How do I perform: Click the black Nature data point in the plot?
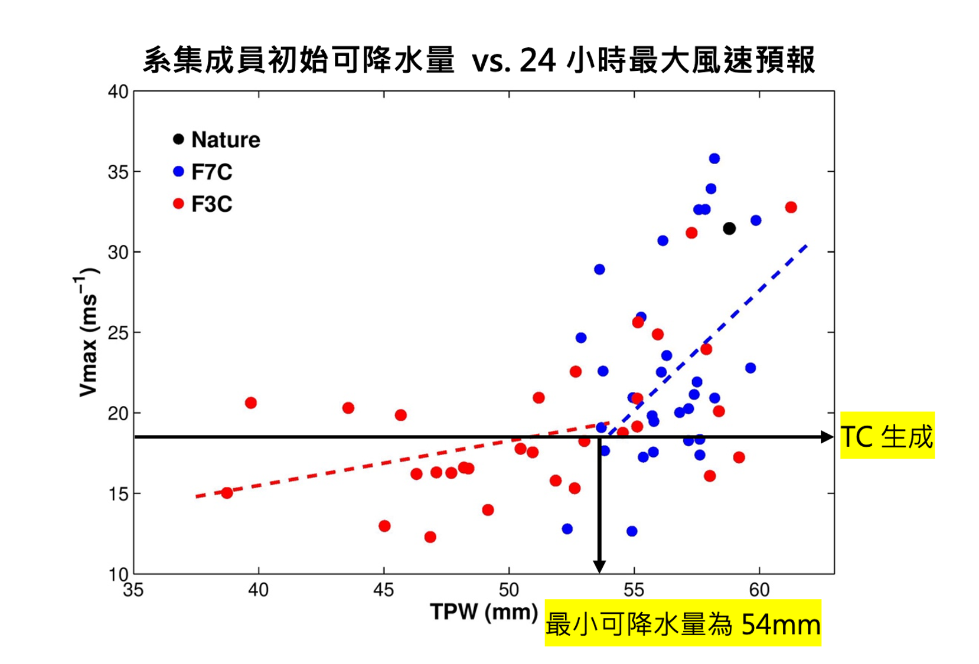pos(729,228)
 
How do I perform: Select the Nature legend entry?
pos(217,140)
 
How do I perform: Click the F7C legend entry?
pos(203,172)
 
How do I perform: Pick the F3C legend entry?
pos(203,204)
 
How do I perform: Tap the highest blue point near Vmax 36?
pos(714,158)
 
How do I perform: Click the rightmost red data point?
pos(791,207)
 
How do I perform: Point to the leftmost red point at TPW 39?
pos(227,493)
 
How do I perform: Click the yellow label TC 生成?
pos(887,436)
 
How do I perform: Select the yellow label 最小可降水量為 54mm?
pos(683,624)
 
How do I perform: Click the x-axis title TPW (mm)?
pos(484,612)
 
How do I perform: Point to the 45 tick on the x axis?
pos(384,590)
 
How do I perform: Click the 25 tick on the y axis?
pos(118,333)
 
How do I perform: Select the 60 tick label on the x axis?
pos(759,590)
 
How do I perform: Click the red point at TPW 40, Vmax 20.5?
pos(251,403)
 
